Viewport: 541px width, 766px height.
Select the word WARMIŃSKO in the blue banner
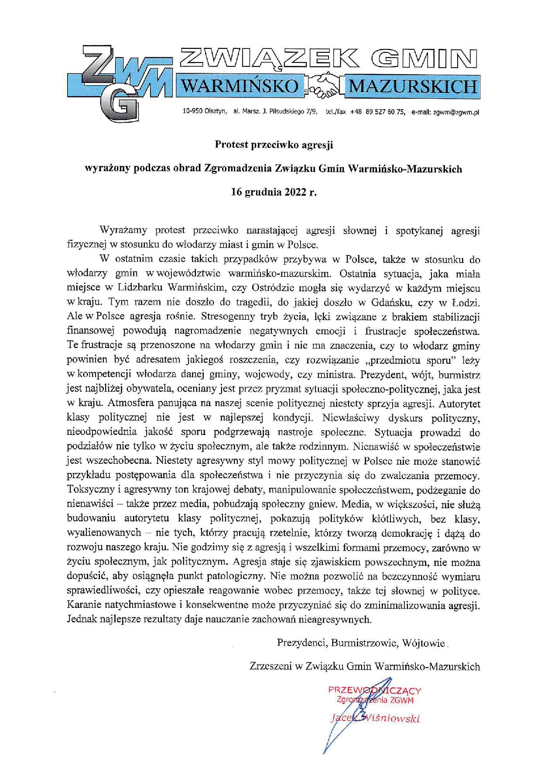pyautogui.click(x=240, y=86)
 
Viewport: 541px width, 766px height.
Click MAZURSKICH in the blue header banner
pyautogui.click(x=412, y=86)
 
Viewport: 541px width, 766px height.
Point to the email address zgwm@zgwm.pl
pyautogui.click(x=456, y=112)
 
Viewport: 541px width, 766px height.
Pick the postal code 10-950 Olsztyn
pyautogui.click(x=205, y=112)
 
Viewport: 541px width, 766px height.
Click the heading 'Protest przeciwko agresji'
pyautogui.click(x=274, y=145)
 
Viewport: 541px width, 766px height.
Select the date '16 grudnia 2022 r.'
pyautogui.click(x=274, y=193)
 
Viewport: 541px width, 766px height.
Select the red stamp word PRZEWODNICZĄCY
pyautogui.click(x=374, y=691)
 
